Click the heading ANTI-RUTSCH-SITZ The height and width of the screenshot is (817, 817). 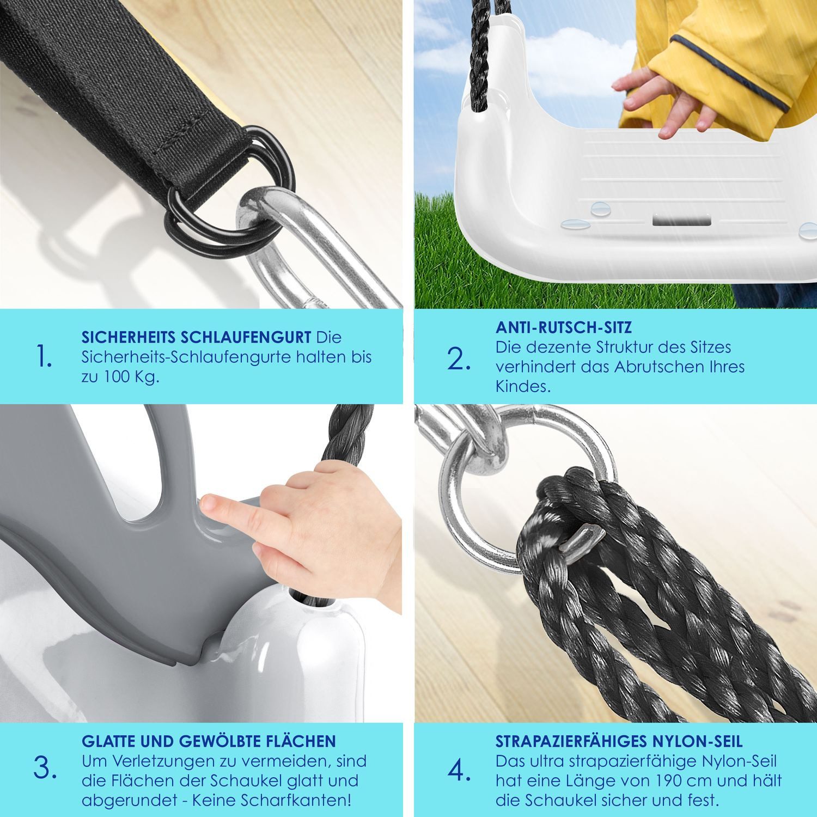point(564,328)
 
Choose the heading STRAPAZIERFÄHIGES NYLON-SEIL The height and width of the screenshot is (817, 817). point(619,741)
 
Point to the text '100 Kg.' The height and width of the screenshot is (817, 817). point(129,377)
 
